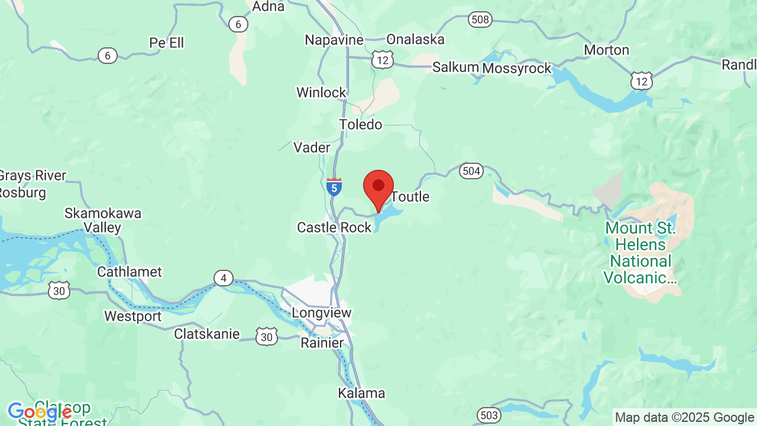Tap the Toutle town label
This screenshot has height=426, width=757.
(x=410, y=196)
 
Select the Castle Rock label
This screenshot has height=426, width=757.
(x=334, y=227)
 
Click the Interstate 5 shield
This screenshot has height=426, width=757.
(x=334, y=188)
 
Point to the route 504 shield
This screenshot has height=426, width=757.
(x=471, y=172)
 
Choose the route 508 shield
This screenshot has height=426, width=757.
(x=480, y=20)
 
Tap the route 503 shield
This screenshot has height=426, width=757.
(x=489, y=415)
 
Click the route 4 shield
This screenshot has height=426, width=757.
(x=224, y=278)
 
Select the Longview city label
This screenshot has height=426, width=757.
(x=322, y=312)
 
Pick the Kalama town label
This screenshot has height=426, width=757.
(x=361, y=393)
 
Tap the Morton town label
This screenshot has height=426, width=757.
(x=606, y=50)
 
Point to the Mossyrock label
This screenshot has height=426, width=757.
(x=516, y=68)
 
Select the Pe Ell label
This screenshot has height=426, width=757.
(x=167, y=43)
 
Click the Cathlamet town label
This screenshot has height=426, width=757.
(x=130, y=272)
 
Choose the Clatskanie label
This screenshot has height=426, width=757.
(x=207, y=334)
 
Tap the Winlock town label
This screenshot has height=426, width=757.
(x=321, y=92)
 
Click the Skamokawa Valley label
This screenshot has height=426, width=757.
(x=103, y=220)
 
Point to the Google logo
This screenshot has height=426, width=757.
(x=40, y=412)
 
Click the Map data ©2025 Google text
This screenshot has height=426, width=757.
(x=684, y=418)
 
